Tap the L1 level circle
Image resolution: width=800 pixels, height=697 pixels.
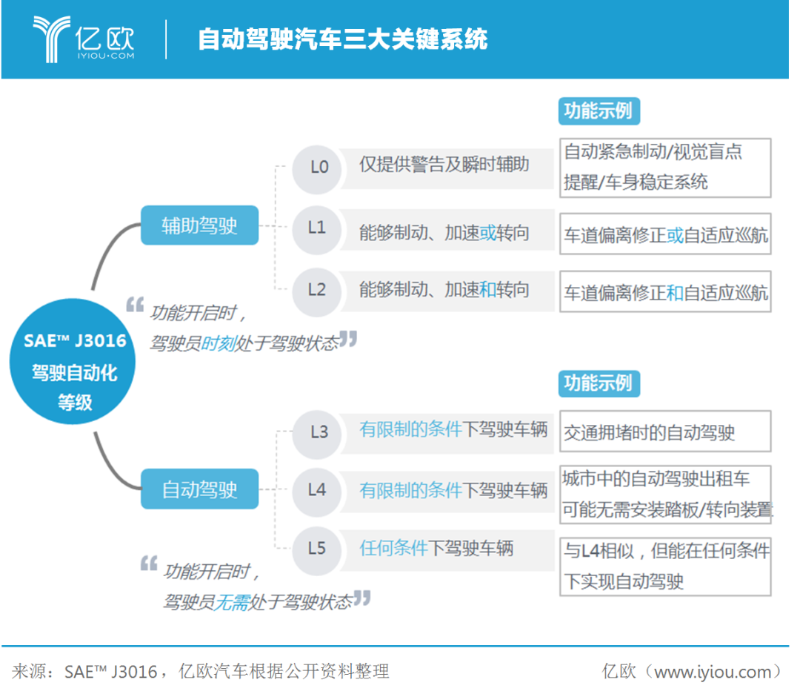click(x=317, y=228)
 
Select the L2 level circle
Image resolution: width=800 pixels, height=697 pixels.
click(x=317, y=289)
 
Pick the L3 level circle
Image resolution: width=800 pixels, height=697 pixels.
click(x=319, y=432)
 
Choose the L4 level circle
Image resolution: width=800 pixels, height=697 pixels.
click(x=317, y=489)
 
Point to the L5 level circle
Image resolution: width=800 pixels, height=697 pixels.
click(x=317, y=549)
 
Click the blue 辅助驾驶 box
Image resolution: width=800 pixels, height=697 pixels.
click(x=199, y=225)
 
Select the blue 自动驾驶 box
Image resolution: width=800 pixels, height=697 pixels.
click(x=199, y=489)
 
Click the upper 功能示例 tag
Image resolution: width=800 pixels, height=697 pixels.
click(x=598, y=111)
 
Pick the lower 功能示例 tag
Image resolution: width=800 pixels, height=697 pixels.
click(x=598, y=383)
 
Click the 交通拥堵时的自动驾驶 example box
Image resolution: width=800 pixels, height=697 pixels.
click(x=664, y=432)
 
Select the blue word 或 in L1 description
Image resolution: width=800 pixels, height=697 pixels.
click(x=487, y=233)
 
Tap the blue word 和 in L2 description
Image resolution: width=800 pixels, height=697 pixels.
click(x=487, y=289)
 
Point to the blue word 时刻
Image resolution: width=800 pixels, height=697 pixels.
click(x=217, y=343)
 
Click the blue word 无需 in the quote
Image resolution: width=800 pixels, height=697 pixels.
click(x=232, y=602)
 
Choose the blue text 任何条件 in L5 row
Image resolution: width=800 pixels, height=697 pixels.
click(x=394, y=549)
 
